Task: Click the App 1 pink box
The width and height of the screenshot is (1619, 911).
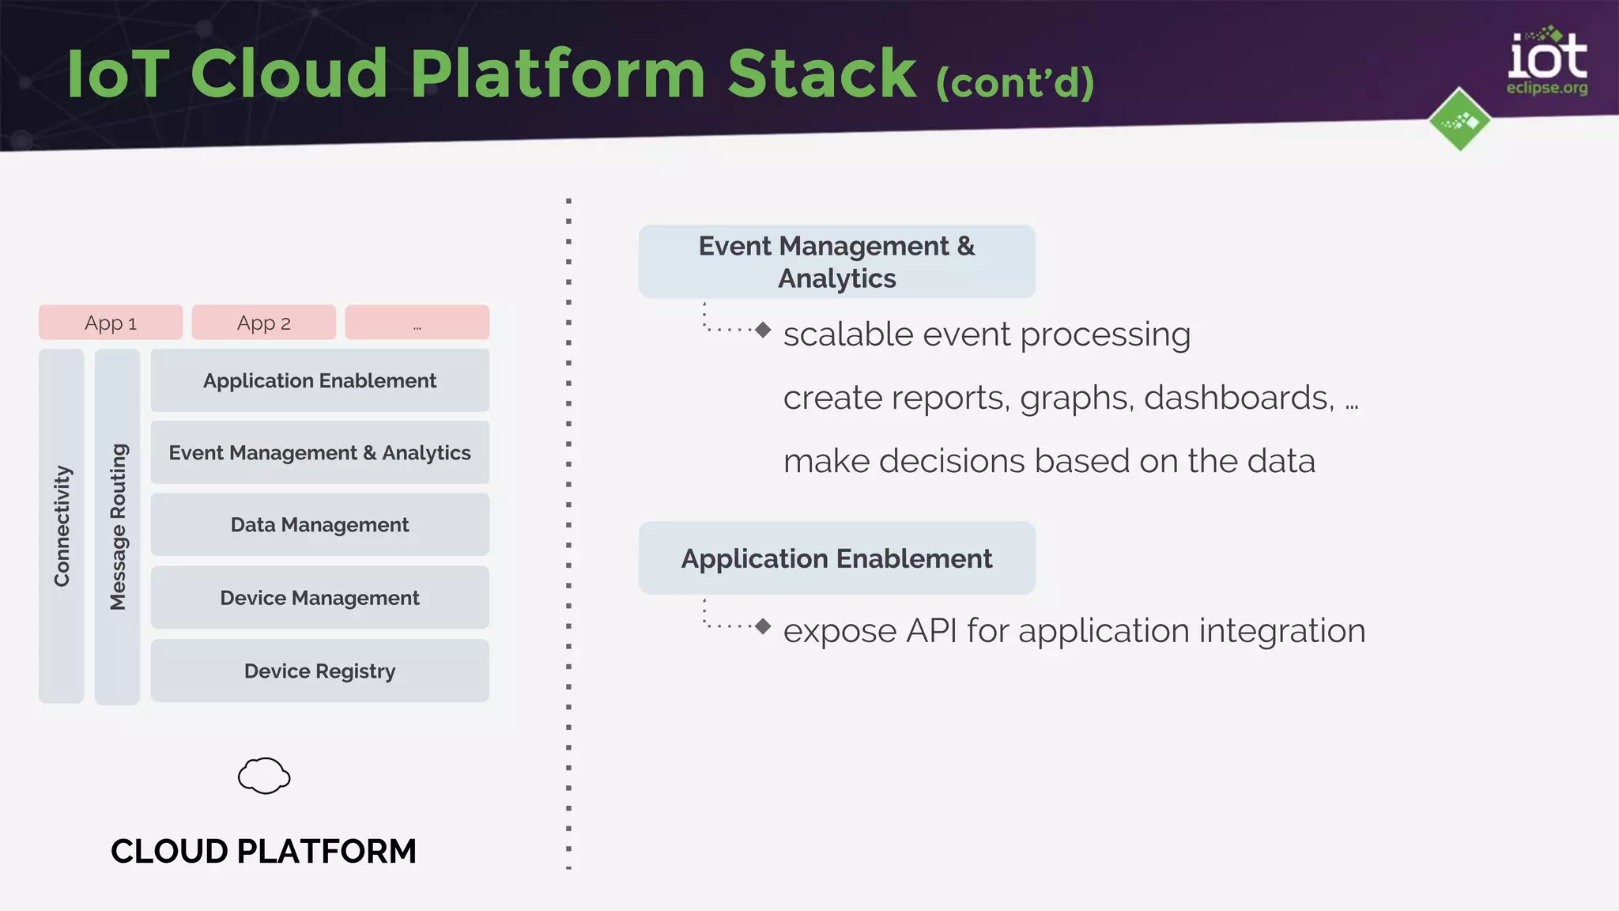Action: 111,323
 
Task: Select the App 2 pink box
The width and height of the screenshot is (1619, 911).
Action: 263,323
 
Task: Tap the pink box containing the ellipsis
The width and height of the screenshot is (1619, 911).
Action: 417,323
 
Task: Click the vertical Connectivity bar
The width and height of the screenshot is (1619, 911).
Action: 62,526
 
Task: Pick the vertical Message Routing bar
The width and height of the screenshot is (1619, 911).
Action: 117,526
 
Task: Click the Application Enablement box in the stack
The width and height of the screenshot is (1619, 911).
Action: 319,380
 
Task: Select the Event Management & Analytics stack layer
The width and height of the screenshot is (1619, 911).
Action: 319,452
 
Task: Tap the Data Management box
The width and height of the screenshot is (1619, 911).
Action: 319,524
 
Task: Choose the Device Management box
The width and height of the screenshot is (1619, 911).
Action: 319,597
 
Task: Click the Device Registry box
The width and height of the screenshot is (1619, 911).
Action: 319,671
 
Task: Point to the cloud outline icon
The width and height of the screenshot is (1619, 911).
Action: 264,776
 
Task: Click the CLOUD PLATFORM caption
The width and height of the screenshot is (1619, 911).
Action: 263,851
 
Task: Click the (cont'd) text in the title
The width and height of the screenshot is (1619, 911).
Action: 1015,82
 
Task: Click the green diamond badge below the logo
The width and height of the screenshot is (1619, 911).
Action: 1459,120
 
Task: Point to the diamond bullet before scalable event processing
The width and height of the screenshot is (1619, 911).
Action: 762,330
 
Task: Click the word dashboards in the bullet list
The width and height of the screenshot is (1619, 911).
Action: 1238,398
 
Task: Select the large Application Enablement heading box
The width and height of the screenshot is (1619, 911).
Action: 836,558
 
